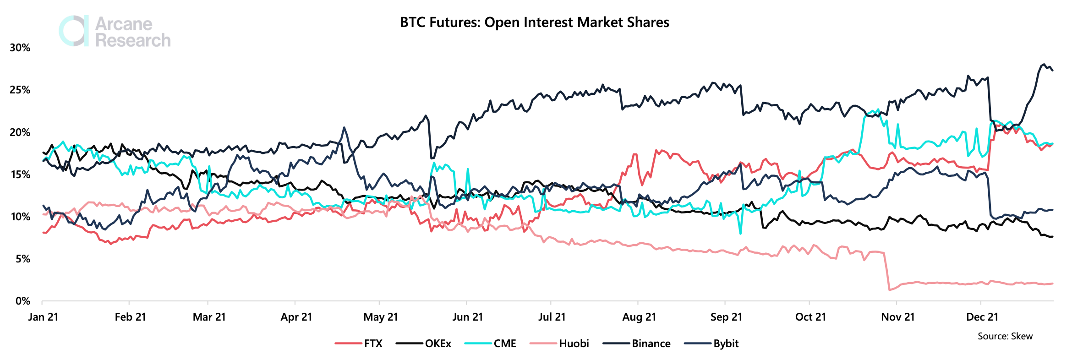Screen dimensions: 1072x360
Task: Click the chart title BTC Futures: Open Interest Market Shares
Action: [x=535, y=22]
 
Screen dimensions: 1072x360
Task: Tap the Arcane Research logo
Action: [x=115, y=32]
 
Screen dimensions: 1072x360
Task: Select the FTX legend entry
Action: [x=358, y=344]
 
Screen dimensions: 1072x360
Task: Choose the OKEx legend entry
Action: [x=423, y=344]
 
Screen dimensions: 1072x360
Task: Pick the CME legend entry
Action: [x=490, y=344]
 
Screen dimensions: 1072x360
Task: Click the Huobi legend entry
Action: [x=559, y=344]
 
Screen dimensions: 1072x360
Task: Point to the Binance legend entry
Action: [x=636, y=344]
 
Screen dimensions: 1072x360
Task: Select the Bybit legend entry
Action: [x=711, y=344]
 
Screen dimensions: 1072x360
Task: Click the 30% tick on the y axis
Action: [x=20, y=48]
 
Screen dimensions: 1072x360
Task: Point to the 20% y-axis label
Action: [x=20, y=132]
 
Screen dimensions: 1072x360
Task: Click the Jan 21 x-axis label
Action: [x=43, y=317]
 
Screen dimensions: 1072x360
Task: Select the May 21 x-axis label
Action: [x=381, y=317]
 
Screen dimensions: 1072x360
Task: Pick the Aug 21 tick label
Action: [x=639, y=317]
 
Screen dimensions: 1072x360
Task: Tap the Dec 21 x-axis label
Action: [x=982, y=317]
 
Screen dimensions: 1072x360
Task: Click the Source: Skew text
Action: [x=1005, y=336]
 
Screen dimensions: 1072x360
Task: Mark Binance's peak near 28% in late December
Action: [x=1044, y=64]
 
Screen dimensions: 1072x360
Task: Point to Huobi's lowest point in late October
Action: [x=889, y=290]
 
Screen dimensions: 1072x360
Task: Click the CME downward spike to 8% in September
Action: [x=740, y=234]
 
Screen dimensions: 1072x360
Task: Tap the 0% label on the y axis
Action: [x=23, y=301]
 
